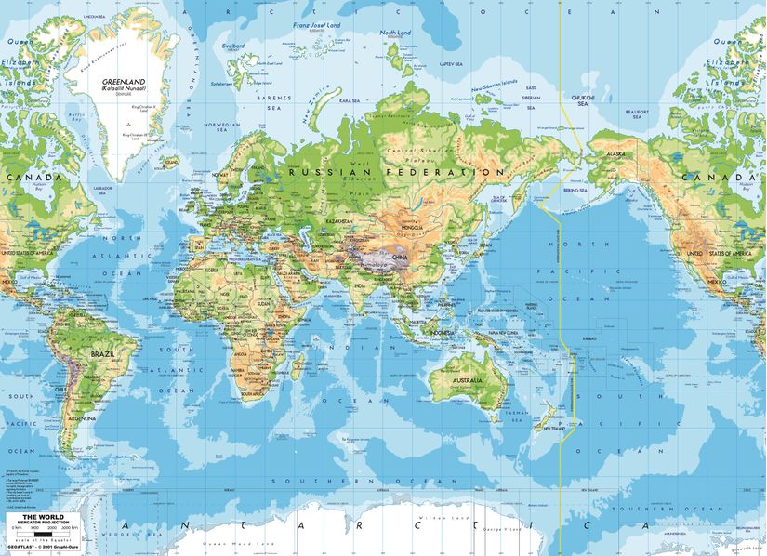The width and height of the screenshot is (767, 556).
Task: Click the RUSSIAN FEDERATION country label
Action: coord(394,172)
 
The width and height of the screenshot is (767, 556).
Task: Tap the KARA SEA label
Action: coord(350,100)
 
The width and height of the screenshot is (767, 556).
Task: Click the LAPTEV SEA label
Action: coord(452,63)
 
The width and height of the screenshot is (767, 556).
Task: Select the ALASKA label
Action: coord(615,155)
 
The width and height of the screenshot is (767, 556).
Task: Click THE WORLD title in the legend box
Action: coord(38,516)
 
